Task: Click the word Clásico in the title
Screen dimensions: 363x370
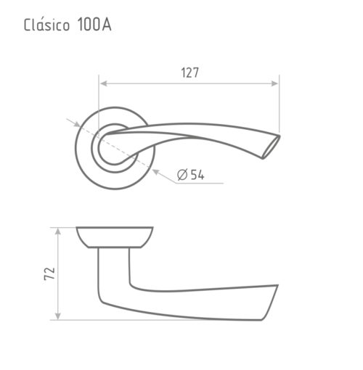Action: click(x=46, y=25)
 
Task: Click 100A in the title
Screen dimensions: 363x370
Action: click(x=94, y=25)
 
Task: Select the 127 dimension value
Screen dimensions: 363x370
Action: click(x=190, y=73)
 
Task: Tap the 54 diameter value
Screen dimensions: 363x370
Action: click(x=197, y=175)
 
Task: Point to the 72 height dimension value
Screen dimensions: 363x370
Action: click(x=49, y=274)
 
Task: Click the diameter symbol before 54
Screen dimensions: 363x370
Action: click(x=182, y=175)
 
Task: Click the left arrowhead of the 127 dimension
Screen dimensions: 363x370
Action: click(x=103, y=83)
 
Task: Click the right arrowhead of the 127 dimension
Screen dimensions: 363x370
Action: click(x=274, y=83)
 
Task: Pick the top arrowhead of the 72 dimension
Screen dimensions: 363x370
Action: click(x=58, y=231)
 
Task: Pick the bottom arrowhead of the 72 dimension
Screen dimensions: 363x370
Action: click(x=58, y=316)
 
